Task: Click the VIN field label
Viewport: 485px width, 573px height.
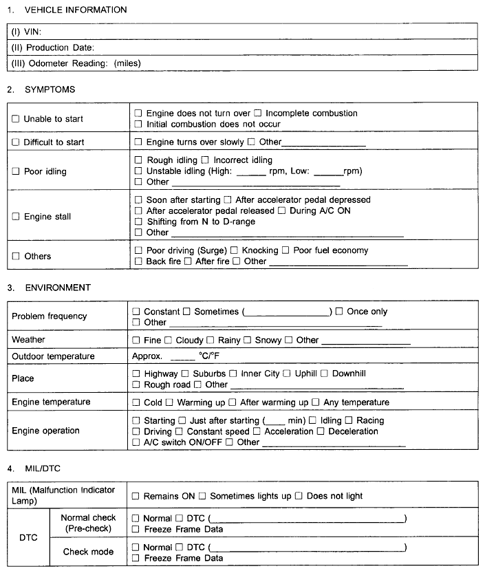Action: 25,32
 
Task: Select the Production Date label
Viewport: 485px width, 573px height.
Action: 52,47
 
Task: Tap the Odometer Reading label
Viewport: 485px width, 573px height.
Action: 76,63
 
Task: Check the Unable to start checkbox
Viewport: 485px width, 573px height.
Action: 16,119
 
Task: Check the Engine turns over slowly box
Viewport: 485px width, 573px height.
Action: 138,142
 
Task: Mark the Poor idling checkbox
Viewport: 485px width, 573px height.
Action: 16,171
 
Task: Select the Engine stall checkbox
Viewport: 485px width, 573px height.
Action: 16,217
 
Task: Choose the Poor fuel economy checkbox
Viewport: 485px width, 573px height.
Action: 285,250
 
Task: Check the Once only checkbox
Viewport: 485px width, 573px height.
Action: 339,312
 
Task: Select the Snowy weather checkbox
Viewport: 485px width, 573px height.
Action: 248,340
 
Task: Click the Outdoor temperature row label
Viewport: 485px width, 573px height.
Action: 53,356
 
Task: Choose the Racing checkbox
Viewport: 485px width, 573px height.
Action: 349,420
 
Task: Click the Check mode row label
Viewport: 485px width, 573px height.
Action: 89,552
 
